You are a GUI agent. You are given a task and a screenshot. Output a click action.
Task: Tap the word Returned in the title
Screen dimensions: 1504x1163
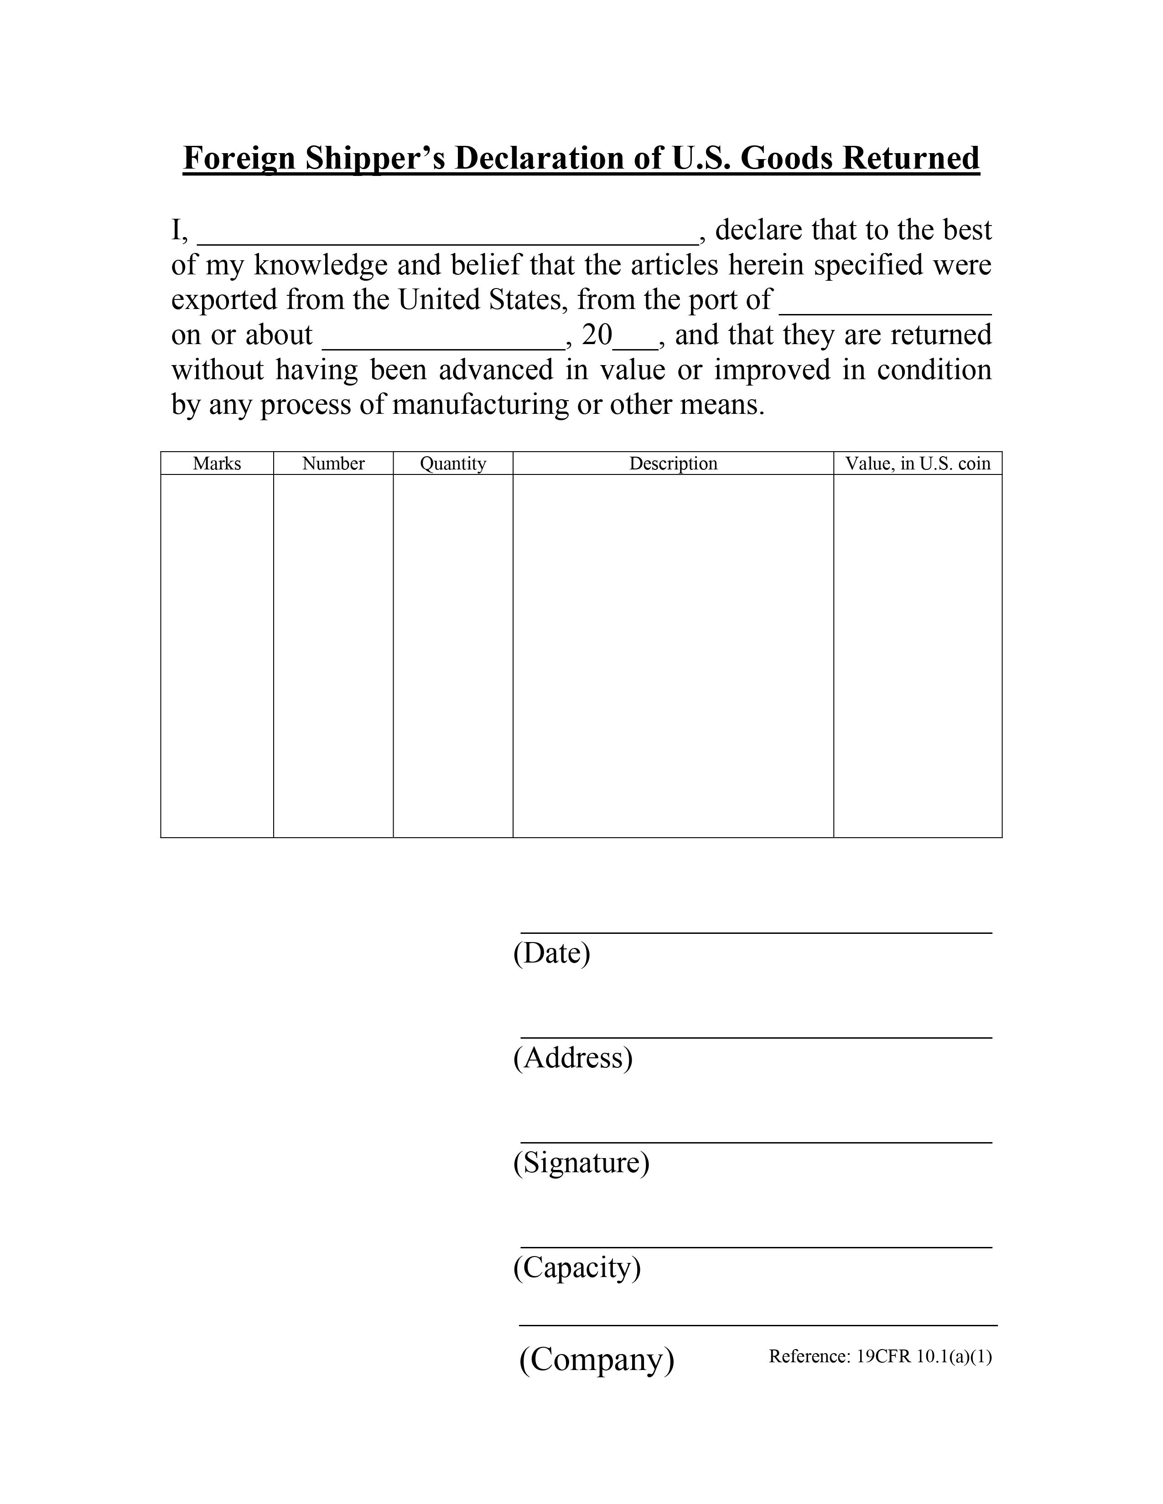coord(910,159)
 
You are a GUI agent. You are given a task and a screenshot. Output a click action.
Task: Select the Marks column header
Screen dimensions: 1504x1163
coord(217,464)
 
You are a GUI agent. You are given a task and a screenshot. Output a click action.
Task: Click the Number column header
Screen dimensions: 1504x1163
coord(333,464)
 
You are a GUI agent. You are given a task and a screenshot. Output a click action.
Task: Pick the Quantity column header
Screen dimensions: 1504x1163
coord(453,464)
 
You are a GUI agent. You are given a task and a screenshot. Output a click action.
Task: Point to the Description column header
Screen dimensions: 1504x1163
coord(673,464)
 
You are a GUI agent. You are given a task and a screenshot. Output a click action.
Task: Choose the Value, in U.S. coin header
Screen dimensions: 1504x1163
coord(918,464)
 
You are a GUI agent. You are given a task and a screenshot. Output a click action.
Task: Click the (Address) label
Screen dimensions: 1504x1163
coord(572,1058)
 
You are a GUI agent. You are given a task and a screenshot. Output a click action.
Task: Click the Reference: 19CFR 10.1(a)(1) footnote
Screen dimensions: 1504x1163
coord(880,1357)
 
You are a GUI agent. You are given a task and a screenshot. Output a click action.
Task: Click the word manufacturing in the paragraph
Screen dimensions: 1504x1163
coord(481,405)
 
